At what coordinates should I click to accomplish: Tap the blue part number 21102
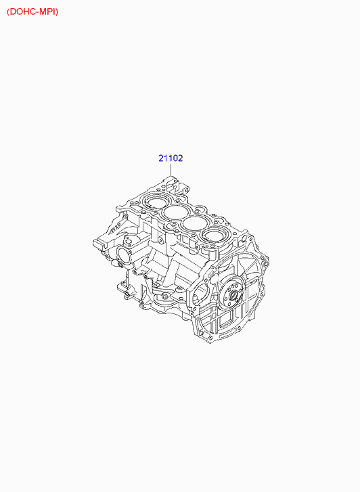tap(171, 158)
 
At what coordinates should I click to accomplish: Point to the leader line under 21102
tap(171, 169)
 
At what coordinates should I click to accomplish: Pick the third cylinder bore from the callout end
tap(194, 224)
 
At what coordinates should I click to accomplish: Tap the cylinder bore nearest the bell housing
tap(214, 236)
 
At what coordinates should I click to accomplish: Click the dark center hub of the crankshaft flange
tap(233, 295)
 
